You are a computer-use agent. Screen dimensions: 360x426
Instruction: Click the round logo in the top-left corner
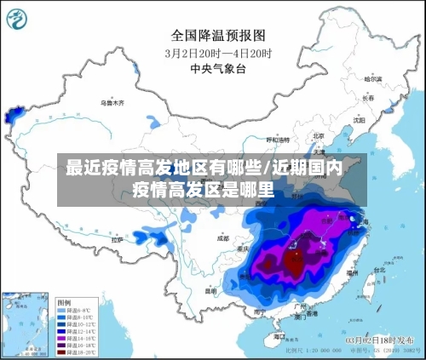(20, 20)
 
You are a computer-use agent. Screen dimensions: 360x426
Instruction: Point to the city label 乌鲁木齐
(112, 102)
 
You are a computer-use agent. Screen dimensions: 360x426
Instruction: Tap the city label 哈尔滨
(372, 78)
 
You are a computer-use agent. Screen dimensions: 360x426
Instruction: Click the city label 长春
(368, 98)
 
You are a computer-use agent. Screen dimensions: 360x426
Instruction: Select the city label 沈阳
(359, 120)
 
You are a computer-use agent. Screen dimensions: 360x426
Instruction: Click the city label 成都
(223, 238)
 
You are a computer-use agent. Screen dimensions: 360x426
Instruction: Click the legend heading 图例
(64, 302)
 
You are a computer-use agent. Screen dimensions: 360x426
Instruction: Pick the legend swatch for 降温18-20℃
(62, 351)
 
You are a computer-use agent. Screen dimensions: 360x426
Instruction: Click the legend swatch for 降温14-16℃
(62, 338)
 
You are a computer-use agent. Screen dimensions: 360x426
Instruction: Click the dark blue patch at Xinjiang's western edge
(13, 113)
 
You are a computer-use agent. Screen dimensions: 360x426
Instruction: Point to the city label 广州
(299, 306)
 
